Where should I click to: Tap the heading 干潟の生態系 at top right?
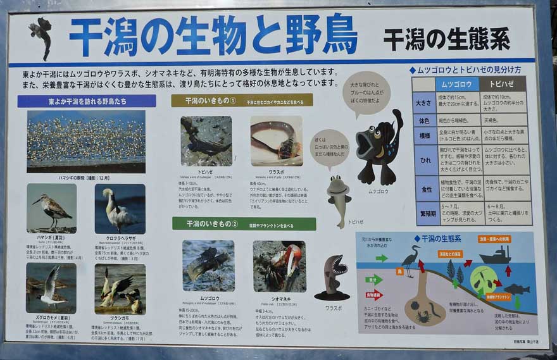(446, 39)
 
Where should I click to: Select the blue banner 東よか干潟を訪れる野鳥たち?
(87, 101)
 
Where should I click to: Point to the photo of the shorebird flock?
(85, 141)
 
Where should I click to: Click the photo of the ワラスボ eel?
(276, 141)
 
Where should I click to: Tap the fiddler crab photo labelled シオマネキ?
(279, 266)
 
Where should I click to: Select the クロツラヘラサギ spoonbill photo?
(120, 209)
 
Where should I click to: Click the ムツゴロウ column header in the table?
(456, 84)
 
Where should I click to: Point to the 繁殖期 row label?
(422, 213)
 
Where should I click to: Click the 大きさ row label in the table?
(422, 101)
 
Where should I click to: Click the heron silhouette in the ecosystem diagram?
(411, 260)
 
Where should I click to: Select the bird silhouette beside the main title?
(42, 35)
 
